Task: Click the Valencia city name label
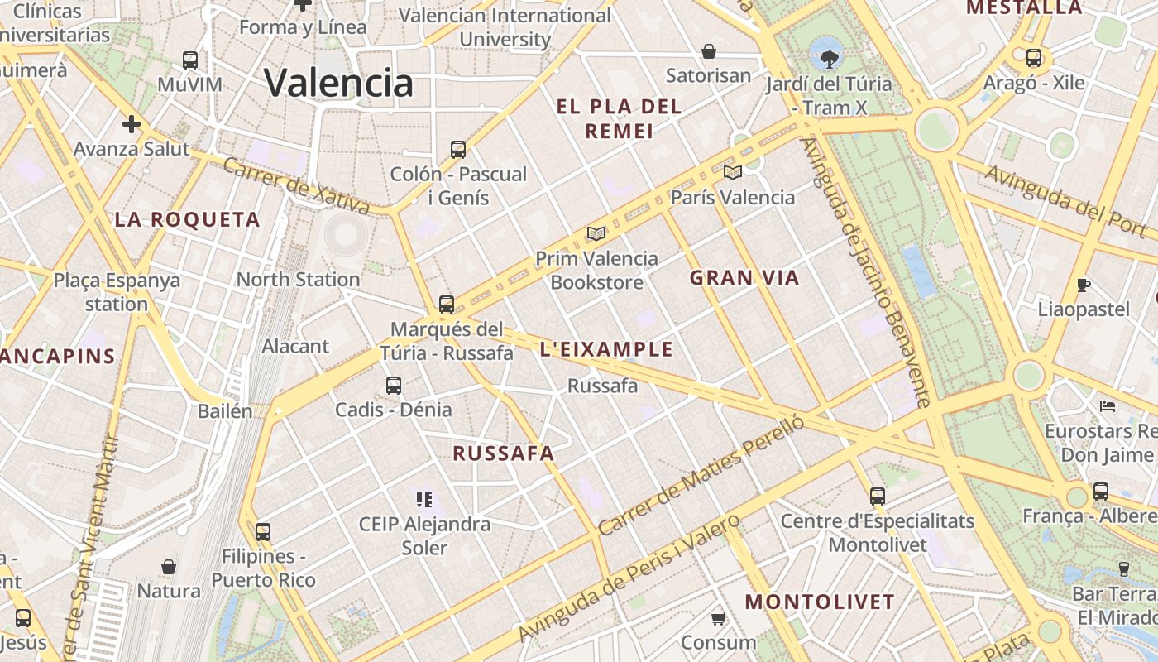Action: [338, 83]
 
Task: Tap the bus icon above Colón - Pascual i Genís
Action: [458, 150]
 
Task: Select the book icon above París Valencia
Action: [732, 172]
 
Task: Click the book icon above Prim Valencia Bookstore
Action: [596, 233]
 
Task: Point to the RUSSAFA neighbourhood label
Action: [504, 453]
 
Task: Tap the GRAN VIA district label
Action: [744, 278]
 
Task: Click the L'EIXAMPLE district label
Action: [606, 349]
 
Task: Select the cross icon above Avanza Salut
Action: [132, 125]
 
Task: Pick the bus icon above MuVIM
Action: [190, 60]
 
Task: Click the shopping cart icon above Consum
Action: [719, 618]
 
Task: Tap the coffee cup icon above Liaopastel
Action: [1084, 285]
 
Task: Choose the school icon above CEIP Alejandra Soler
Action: [424, 499]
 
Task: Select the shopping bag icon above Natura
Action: [169, 567]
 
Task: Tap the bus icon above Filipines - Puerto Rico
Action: [263, 531]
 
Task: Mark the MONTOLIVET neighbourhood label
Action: [820, 602]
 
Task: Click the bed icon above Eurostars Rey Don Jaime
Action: [1108, 406]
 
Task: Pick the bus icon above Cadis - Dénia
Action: [394, 385]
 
